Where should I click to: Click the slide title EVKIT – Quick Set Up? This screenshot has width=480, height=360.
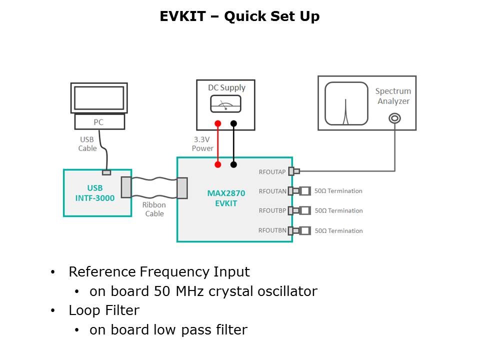coord(239,16)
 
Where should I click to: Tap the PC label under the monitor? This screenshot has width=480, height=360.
coord(99,122)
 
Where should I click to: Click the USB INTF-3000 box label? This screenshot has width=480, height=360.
coord(95,193)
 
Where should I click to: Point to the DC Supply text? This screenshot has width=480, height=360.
coord(226,88)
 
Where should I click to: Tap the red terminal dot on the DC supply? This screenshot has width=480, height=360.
coord(217,123)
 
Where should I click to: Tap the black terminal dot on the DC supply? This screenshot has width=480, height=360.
coord(233,123)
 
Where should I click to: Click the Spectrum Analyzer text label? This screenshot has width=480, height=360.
coord(393,96)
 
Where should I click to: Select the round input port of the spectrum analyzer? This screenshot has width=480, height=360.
coord(394,118)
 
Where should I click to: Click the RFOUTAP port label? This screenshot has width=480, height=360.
coord(272,172)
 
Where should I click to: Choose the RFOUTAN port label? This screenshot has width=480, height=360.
coord(272,191)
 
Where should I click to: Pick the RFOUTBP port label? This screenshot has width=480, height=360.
coord(272,210)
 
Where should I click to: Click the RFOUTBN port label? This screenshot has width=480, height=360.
coord(272,230)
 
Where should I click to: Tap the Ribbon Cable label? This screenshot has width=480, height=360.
coord(154,209)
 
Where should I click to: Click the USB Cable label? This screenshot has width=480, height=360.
coord(87,144)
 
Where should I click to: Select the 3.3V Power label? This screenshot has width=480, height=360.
coord(202,144)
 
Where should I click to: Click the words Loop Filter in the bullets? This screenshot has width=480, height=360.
coord(104,310)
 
